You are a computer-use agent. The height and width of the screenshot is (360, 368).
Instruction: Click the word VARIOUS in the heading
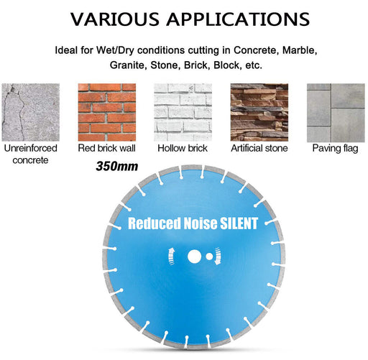pyautogui.click(x=115, y=19)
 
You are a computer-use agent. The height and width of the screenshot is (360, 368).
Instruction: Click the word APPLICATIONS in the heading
pyautogui.click(x=238, y=19)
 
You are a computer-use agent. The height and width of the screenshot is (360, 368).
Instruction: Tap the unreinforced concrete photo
pyautogui.click(x=31, y=112)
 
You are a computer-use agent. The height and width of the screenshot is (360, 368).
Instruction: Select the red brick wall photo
pyautogui.click(x=107, y=112)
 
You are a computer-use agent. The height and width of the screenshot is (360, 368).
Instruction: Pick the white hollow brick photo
pyautogui.click(x=183, y=112)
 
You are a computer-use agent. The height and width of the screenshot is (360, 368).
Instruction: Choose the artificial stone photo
pyautogui.click(x=259, y=112)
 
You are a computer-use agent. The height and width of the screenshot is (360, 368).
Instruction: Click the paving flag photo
pyautogui.click(x=336, y=113)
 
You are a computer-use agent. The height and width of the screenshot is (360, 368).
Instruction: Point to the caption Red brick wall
pyautogui.click(x=107, y=148)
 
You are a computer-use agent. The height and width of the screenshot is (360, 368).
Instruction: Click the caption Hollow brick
pyautogui.click(x=183, y=148)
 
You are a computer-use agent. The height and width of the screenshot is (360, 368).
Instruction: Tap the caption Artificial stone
pyautogui.click(x=259, y=148)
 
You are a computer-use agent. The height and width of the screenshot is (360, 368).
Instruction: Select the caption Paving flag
pyautogui.click(x=335, y=149)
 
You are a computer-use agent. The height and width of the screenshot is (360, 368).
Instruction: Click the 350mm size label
pyautogui.click(x=117, y=166)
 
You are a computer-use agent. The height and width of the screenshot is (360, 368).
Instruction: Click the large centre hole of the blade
pyautogui.click(x=195, y=257)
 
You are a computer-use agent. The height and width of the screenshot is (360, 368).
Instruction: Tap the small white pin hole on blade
pyautogui.click(x=209, y=257)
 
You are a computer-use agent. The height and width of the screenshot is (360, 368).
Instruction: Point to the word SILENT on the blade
pyautogui.click(x=239, y=223)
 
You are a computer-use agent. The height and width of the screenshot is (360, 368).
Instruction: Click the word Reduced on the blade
pyautogui.click(x=155, y=223)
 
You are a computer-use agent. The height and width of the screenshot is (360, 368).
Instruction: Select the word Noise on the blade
pyautogui.click(x=201, y=223)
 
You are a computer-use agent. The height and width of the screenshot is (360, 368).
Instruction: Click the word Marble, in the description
pyautogui.click(x=300, y=50)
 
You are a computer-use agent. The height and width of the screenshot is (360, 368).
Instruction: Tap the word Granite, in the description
pyautogui.click(x=128, y=65)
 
